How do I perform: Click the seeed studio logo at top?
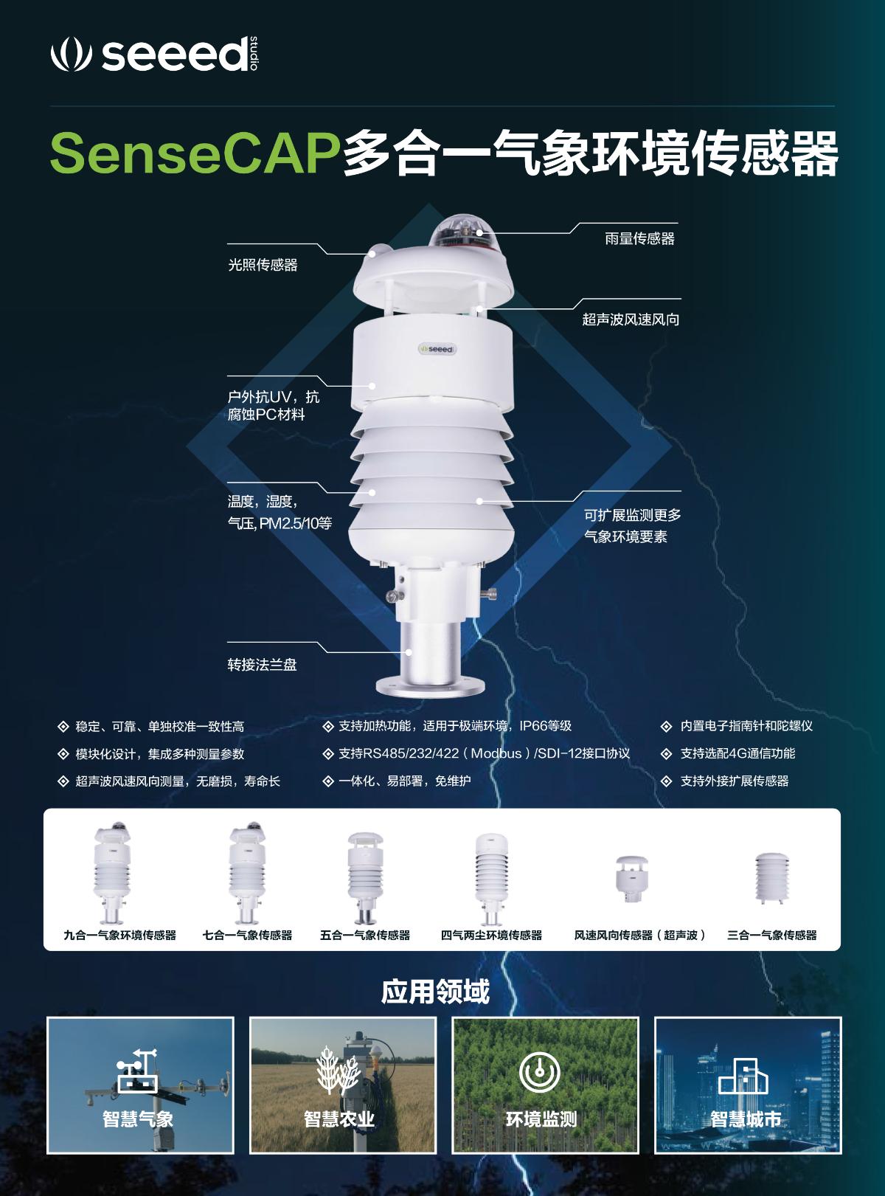(155, 54)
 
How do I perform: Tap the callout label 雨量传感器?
(639, 239)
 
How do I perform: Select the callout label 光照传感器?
(263, 265)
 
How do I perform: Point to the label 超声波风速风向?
(631, 319)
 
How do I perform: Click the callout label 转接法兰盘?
(262, 665)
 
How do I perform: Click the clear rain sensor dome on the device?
(459, 231)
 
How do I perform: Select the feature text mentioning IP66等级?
(454, 726)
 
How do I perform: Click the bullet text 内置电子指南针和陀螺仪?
(746, 726)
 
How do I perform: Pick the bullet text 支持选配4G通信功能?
(737, 753)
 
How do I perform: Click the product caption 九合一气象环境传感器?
(119, 935)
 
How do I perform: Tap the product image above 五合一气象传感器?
(364, 877)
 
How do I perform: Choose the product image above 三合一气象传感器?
(771, 877)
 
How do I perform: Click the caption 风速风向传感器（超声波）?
(640, 935)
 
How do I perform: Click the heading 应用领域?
(435, 992)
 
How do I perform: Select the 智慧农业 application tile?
(342, 1085)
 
